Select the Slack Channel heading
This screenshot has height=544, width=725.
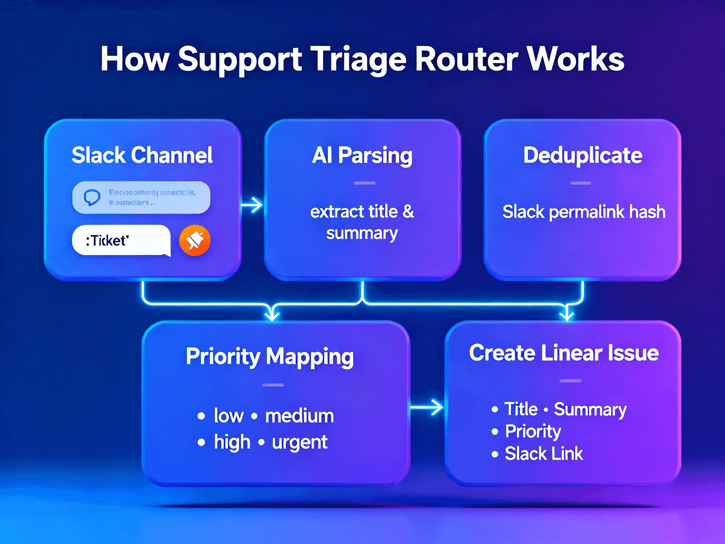(x=142, y=155)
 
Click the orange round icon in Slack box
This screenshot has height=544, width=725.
(x=195, y=240)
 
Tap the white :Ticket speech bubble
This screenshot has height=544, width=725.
(x=121, y=240)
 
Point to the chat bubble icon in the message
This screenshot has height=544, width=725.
(x=92, y=197)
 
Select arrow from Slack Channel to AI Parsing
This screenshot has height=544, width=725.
(x=252, y=205)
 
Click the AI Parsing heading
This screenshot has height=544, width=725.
(x=362, y=155)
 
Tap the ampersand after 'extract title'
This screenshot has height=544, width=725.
(x=408, y=211)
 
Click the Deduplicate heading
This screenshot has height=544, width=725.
(x=582, y=155)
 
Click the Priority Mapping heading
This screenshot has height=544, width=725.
(x=270, y=356)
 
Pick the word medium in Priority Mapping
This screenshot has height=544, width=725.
(x=299, y=416)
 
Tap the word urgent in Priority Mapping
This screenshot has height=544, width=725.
(x=299, y=442)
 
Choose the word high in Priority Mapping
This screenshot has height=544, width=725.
(x=232, y=442)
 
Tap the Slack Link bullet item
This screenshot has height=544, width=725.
(x=543, y=454)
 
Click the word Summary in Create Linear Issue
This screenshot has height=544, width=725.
(x=590, y=410)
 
